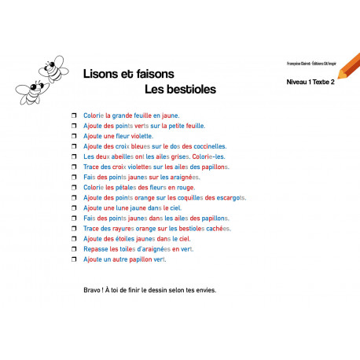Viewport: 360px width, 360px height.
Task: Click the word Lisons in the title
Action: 101,73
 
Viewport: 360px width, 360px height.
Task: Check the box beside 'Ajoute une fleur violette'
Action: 74,135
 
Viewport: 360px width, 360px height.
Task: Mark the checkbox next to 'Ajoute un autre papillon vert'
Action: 74,259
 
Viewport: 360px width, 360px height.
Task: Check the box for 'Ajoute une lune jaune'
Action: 74,208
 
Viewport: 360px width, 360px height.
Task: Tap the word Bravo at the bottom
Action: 93,289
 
